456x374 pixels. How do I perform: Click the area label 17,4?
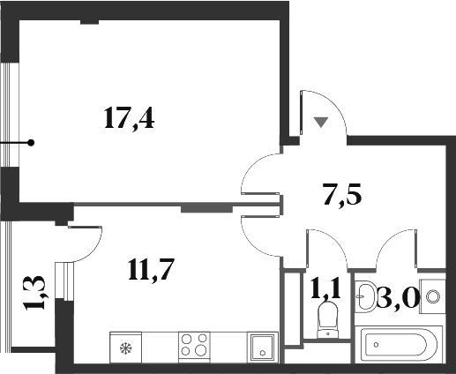[130, 117]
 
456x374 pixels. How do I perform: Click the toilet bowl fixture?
[326, 320]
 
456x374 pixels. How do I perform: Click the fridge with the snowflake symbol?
[126, 345]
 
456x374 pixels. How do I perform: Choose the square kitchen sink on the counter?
[262, 345]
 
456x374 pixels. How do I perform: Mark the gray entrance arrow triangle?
[322, 122]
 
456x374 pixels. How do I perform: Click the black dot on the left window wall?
[31, 142]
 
